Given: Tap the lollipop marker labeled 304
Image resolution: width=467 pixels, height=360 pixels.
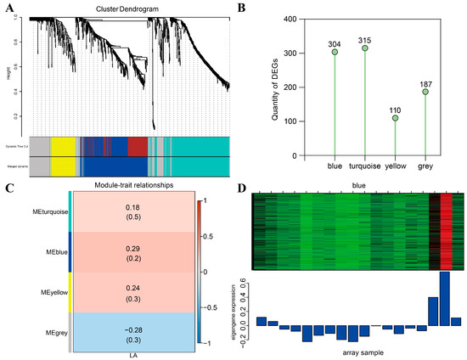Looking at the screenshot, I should pos(335,52).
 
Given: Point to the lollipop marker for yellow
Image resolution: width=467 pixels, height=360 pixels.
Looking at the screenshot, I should pos(396,118).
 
